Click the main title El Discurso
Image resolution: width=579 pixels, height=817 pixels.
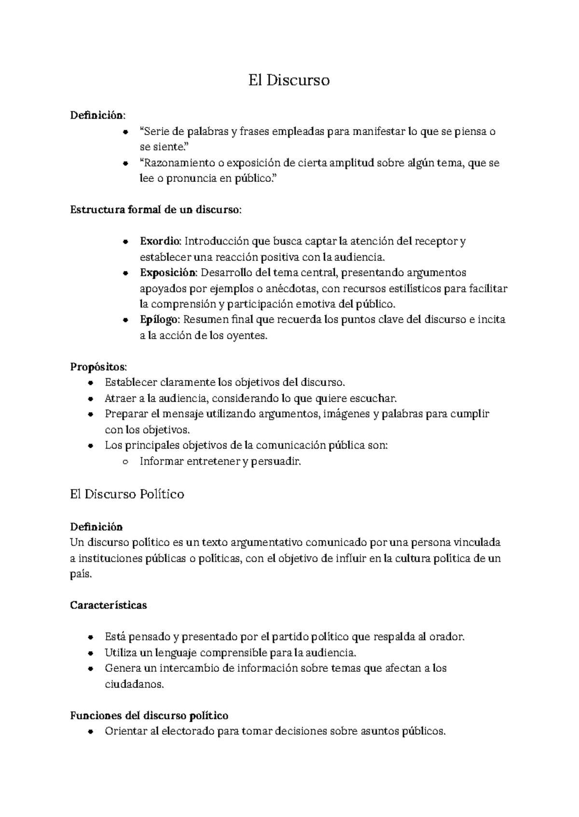click(x=289, y=80)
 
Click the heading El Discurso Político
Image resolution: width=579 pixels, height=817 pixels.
click(x=127, y=494)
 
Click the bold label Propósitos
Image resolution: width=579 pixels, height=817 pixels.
click(x=98, y=367)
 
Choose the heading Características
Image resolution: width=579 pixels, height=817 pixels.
click(x=108, y=605)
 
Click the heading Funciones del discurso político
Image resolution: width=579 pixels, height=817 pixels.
click(x=149, y=715)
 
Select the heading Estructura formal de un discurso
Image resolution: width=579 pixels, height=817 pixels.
click(x=155, y=210)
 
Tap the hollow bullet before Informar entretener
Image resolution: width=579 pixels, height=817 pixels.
click(x=125, y=462)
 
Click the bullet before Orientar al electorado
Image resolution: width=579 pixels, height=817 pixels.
click(x=90, y=732)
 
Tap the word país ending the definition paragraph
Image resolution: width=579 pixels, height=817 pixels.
click(x=80, y=574)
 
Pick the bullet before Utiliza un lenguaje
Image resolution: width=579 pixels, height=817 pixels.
click(x=90, y=653)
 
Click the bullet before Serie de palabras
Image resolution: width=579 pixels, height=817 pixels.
click(x=125, y=132)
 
